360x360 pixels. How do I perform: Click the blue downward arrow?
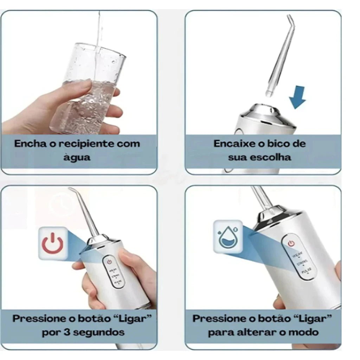[x=297, y=97]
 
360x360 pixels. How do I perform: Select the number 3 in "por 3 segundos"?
[x=67, y=332]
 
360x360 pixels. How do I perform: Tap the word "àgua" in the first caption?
[x=77, y=157]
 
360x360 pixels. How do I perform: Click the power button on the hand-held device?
[x=109, y=262]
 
